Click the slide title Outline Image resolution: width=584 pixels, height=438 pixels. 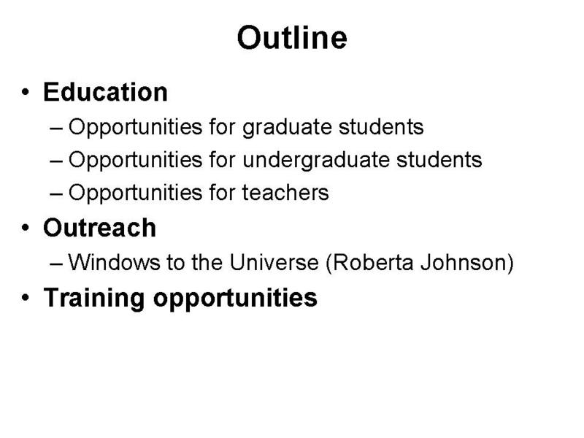coord(292,38)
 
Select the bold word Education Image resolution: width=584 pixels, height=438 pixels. coord(105,92)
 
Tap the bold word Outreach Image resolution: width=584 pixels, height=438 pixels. coord(99,228)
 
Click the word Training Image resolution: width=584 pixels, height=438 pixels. coord(94,298)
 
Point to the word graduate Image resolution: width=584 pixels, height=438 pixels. coord(287,128)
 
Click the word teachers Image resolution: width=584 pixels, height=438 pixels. coord(285,193)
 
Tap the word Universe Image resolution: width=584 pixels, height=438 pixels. coord(274,262)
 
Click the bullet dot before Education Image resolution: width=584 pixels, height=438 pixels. coord(26,92)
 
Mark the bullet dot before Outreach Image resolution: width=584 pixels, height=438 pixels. coord(26,228)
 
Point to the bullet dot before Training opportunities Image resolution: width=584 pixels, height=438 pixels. coord(26,298)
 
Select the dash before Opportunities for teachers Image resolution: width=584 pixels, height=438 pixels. coord(56,194)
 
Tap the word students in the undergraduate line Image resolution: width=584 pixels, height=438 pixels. coord(439,160)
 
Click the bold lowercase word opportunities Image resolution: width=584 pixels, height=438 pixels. coord(235,299)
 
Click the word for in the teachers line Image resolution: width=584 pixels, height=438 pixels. coord(223,193)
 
